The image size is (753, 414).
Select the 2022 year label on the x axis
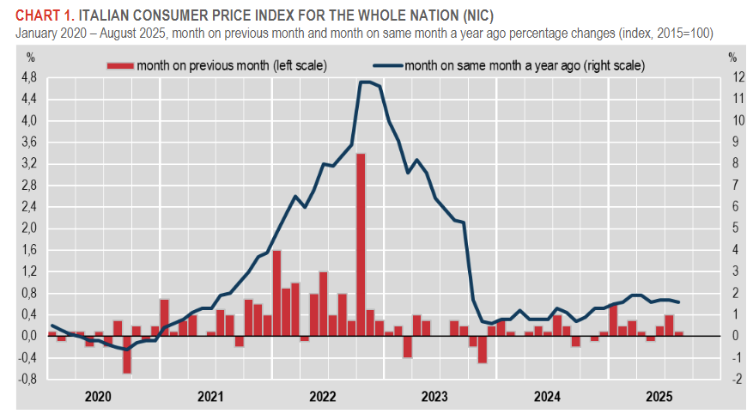[323, 396]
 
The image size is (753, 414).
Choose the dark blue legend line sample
[387, 65]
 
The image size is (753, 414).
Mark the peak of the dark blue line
[365, 82]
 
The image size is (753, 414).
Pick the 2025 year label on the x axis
[659, 396]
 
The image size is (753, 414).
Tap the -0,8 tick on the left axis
[28, 379]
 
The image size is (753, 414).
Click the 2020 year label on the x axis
[99, 396]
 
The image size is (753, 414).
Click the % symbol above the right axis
[732, 58]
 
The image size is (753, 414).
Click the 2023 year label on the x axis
[434, 396]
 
